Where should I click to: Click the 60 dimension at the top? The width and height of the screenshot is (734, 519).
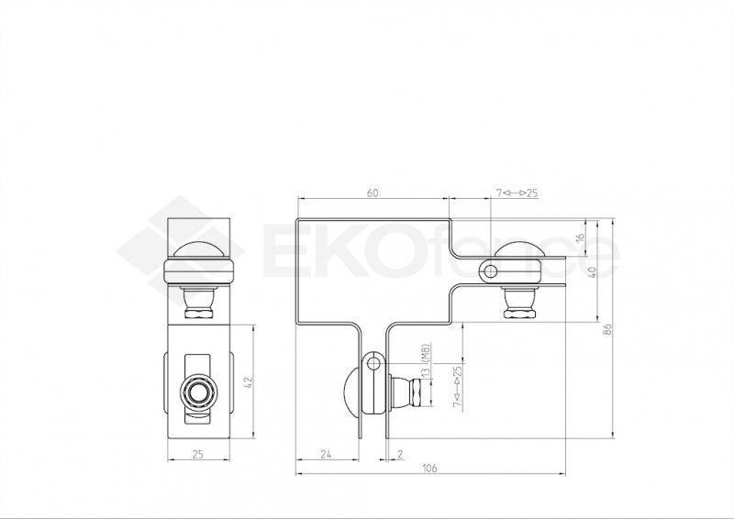(373, 193)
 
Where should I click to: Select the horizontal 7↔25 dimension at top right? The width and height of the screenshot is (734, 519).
(517, 193)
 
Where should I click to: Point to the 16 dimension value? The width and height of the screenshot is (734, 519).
(579, 237)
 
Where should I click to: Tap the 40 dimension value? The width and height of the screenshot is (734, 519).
(594, 271)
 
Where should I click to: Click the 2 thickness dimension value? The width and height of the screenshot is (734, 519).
(401, 454)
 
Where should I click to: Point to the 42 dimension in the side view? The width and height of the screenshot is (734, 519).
(250, 379)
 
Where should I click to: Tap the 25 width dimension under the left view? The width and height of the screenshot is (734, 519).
(199, 454)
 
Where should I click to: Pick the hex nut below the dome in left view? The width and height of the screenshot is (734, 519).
(198, 311)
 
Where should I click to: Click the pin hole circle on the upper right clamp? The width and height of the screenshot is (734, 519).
(490, 271)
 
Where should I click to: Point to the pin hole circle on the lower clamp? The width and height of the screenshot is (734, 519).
(373, 363)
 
